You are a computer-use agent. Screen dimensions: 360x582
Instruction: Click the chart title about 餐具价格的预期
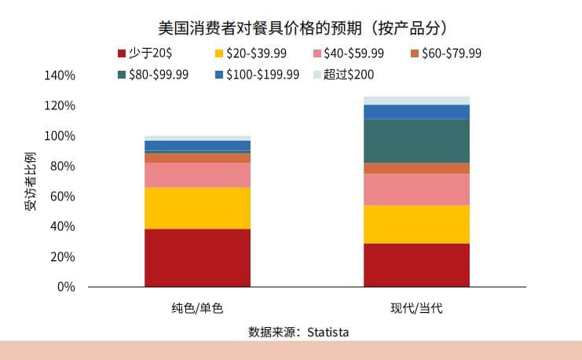coord(291,28)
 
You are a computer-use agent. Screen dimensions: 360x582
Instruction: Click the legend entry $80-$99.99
coord(156,75)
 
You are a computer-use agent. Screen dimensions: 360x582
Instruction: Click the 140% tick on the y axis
coord(60,75)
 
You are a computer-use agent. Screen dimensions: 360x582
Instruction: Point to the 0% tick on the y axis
coord(66,287)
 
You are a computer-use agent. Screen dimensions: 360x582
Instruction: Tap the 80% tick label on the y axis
coord(63,167)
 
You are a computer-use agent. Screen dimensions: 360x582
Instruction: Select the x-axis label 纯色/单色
coord(197,307)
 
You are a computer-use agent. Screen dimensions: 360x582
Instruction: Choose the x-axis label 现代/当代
coord(416,307)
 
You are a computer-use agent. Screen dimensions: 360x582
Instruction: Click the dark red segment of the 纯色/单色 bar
coord(197,258)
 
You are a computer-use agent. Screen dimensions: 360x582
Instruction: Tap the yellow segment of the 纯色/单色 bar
coord(197,208)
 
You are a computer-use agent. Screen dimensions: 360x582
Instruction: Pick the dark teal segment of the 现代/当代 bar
coord(416,141)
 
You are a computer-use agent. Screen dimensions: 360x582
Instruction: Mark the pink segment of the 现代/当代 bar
coord(416,189)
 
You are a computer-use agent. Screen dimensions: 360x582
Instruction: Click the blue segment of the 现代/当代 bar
coord(416,112)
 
